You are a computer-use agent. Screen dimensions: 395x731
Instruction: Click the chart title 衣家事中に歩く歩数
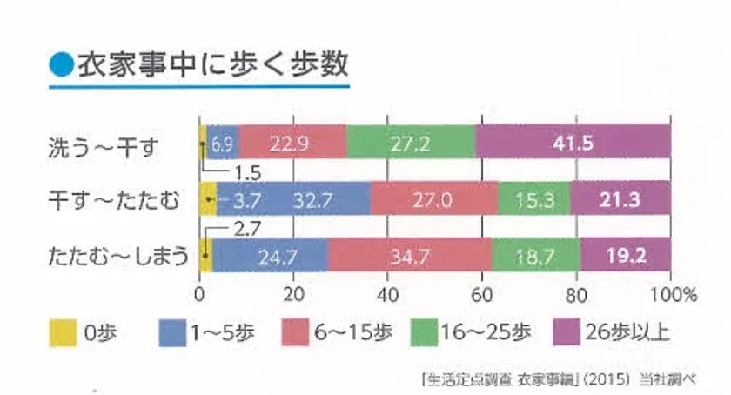212,65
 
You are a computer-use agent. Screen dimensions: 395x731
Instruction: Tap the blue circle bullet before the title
60,66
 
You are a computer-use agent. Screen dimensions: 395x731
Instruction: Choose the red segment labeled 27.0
434,199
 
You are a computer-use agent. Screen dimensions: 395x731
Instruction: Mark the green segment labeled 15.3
533,199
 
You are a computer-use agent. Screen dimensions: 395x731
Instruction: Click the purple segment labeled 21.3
620,199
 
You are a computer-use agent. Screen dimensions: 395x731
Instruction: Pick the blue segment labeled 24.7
270,256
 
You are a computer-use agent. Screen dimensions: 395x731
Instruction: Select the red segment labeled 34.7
409,256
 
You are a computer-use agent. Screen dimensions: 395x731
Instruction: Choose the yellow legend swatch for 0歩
59,332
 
